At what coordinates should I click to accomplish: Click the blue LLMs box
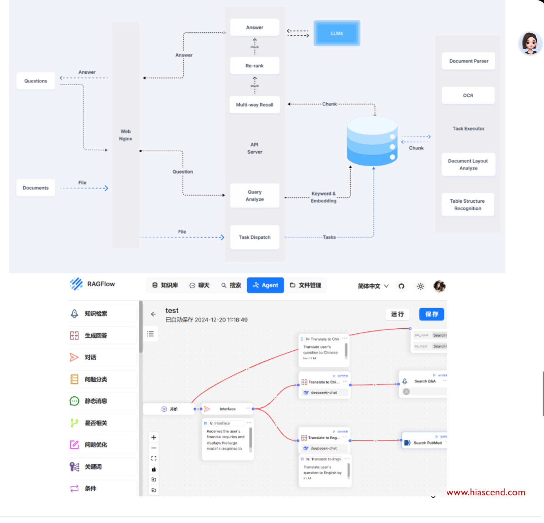[x=337, y=33]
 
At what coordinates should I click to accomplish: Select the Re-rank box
[x=254, y=66]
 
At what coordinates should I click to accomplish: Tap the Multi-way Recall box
[x=254, y=105]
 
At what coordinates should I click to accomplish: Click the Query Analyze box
[x=254, y=195]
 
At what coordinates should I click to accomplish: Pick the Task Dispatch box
[x=254, y=237]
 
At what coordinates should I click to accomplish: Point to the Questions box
[x=36, y=81]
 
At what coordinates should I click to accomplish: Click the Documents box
[x=36, y=188]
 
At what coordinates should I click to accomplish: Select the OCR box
[x=468, y=95]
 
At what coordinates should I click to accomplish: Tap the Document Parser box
[x=468, y=61]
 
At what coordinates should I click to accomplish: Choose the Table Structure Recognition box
[x=468, y=205]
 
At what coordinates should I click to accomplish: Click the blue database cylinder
[x=372, y=141]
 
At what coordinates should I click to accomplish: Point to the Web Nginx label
[x=126, y=135]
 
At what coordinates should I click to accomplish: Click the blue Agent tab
[x=265, y=285]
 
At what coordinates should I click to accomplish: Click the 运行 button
[x=397, y=314]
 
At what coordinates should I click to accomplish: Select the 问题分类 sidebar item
[x=96, y=379]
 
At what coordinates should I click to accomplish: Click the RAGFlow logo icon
[x=76, y=284]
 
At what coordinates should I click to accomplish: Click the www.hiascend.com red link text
[x=486, y=492]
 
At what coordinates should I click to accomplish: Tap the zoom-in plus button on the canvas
[x=154, y=437]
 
